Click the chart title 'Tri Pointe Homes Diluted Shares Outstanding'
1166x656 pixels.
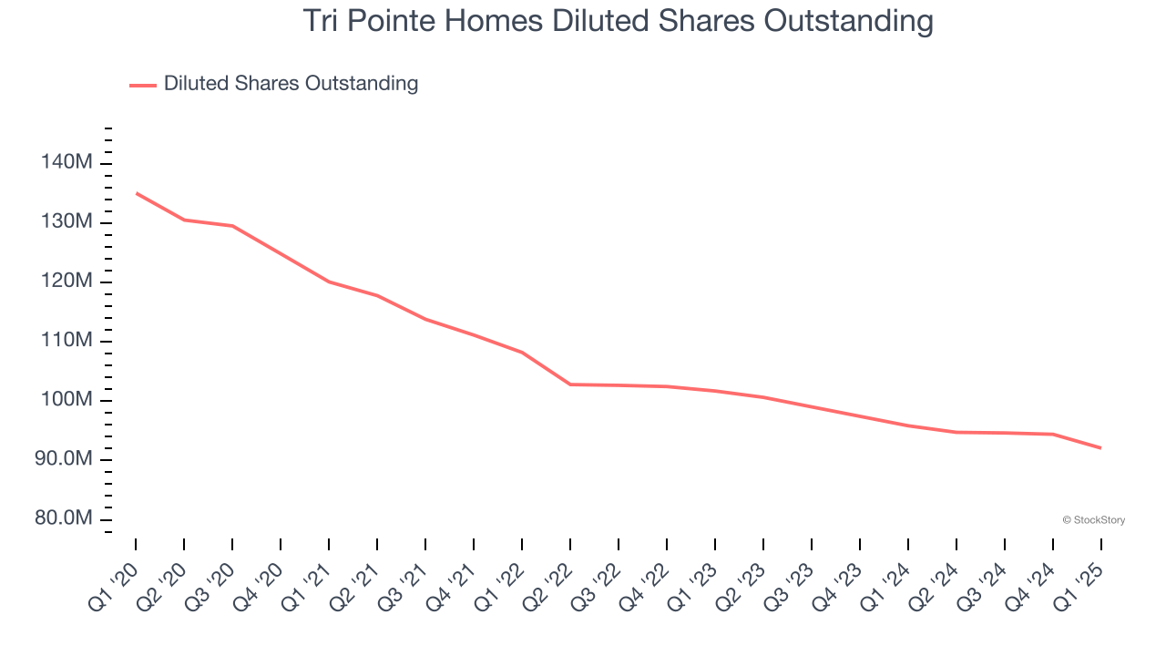pos(618,21)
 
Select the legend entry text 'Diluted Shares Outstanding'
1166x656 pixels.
pos(291,84)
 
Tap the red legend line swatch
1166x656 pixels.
pos(143,85)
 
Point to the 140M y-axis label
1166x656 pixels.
pos(66,163)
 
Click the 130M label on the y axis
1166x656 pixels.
pos(66,222)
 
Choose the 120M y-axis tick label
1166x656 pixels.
pos(66,282)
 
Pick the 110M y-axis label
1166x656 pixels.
pos(66,341)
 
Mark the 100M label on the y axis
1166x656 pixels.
pos(66,400)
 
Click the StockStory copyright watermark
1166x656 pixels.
pos(1093,520)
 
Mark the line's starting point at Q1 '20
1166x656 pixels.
pos(136,193)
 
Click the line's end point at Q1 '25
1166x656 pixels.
pos(1100,448)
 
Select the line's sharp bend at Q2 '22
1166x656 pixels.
pos(570,384)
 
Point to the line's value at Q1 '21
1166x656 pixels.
pos(329,282)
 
